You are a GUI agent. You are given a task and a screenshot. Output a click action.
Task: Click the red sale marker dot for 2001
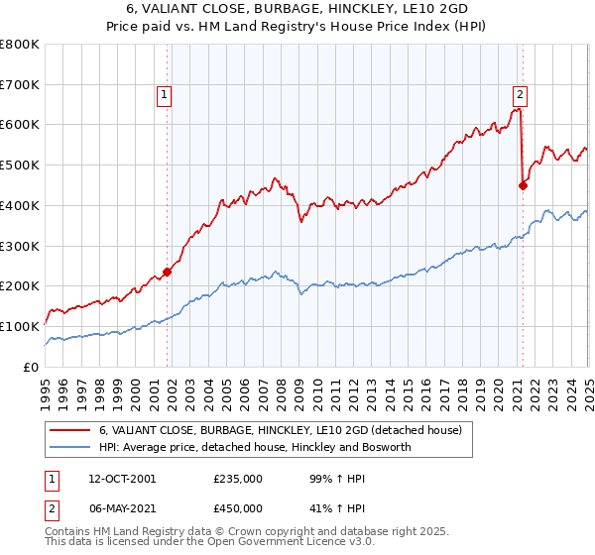pos(168,272)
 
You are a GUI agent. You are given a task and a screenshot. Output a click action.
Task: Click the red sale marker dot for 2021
pos(523,184)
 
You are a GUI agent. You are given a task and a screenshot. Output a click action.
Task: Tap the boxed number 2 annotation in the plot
pos(520,95)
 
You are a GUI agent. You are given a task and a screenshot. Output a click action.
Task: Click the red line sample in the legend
pos(69,430)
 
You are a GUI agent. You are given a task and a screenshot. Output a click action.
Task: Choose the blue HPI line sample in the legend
pos(69,447)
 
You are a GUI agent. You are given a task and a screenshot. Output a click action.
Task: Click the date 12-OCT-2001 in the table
pos(121,479)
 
